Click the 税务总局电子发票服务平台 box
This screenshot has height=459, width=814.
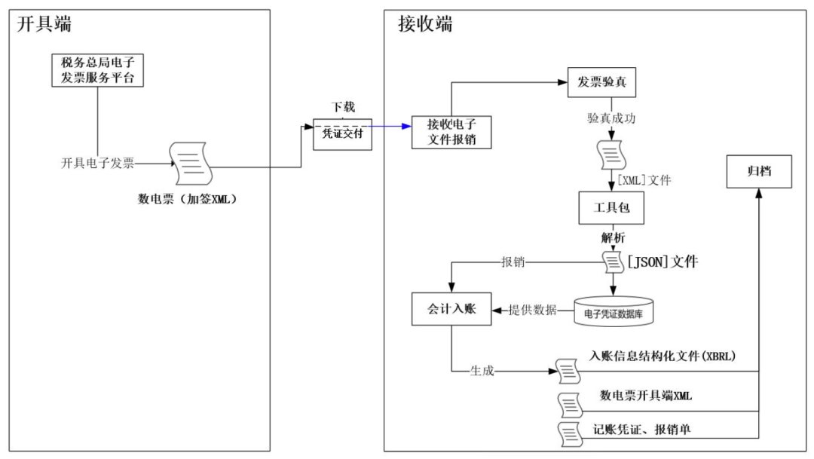(x=97, y=70)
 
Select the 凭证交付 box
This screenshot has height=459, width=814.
(x=343, y=133)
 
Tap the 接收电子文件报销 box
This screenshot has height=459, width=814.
(x=451, y=132)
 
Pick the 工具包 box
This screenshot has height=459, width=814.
(x=611, y=208)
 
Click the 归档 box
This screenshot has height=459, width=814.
(x=757, y=172)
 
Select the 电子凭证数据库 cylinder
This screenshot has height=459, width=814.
(x=613, y=311)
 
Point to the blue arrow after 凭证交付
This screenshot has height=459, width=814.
(x=392, y=126)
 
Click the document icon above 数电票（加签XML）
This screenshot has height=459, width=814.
(x=191, y=164)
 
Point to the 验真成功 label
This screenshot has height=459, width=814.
(x=612, y=118)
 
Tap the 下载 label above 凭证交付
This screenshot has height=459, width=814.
(x=343, y=107)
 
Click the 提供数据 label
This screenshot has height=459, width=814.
(x=533, y=310)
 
